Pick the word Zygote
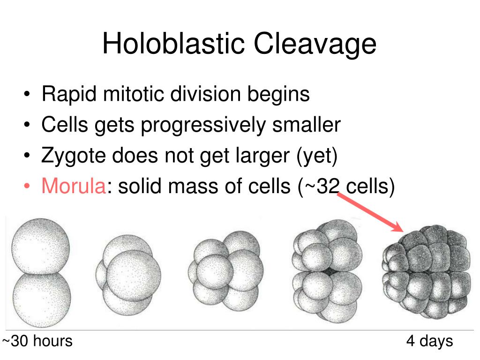tap(73, 156)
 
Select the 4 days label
tap(429, 341)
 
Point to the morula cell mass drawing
tap(426, 274)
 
